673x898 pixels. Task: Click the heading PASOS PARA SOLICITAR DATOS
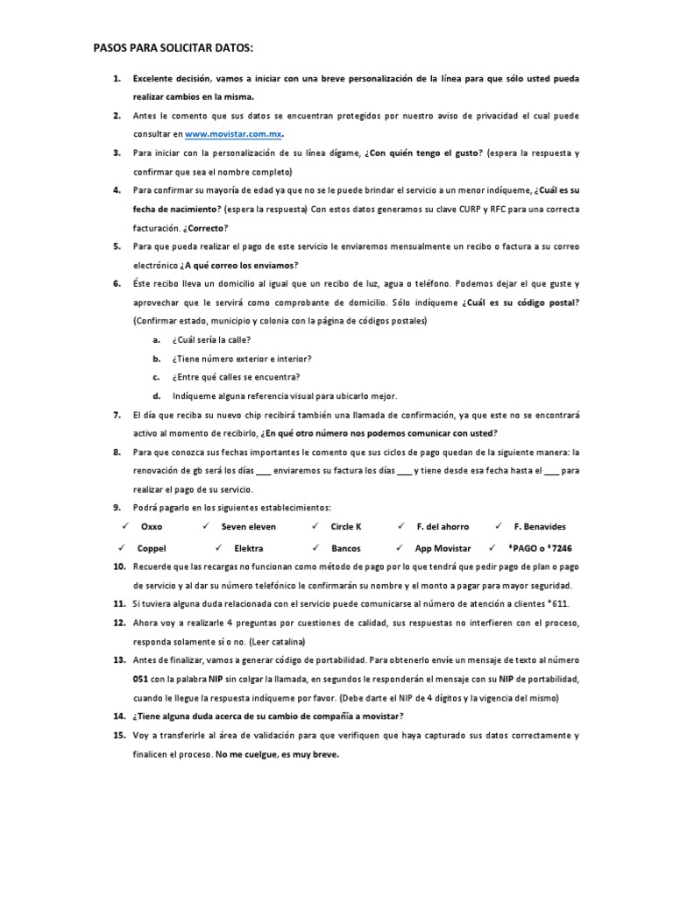coord(179,46)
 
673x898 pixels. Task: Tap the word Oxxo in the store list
coord(152,526)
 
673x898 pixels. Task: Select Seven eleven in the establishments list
coord(248,526)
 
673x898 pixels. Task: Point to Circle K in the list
coord(346,526)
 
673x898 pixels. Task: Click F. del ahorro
coord(443,526)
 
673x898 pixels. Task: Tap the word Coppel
coord(152,548)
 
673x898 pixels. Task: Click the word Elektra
coord(249,548)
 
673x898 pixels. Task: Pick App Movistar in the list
coord(443,548)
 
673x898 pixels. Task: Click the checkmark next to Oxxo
coord(125,526)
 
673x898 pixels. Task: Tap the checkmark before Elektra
coord(217,548)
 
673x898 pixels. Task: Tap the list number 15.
coord(120,736)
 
